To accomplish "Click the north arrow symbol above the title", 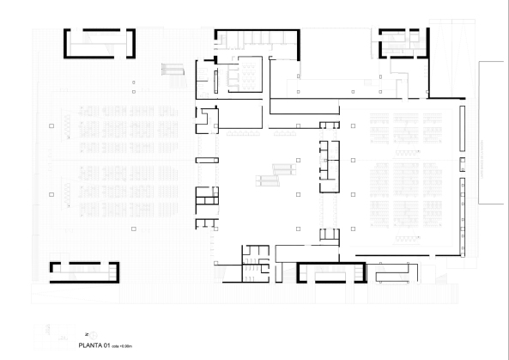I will (x=86, y=333).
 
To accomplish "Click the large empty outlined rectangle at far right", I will (x=494, y=133).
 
